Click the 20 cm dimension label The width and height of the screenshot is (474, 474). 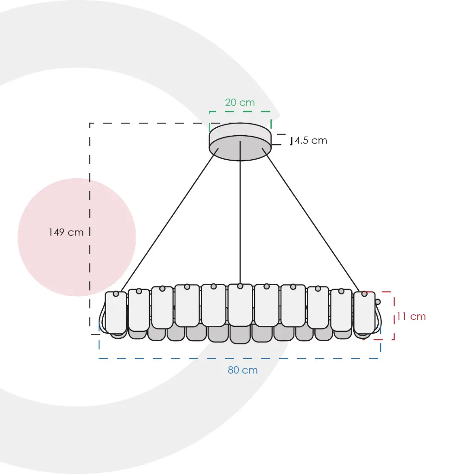240,102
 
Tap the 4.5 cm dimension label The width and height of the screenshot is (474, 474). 311,141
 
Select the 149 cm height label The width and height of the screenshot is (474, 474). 66,232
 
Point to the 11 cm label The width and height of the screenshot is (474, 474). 411,317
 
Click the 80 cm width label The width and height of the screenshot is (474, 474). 243,370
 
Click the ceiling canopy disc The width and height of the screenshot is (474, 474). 240,142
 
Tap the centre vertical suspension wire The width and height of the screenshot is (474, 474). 240,212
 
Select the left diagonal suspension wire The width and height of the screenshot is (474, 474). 169,220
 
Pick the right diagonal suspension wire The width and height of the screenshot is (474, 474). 311,220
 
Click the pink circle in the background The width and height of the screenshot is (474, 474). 77,237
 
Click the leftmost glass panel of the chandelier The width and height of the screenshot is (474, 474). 116,313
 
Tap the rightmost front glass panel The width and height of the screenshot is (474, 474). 365,313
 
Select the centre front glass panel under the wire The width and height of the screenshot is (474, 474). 240,305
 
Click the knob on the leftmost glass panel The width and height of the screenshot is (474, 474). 116,293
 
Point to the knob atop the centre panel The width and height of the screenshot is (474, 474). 240,286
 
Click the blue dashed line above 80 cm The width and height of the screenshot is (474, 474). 240,359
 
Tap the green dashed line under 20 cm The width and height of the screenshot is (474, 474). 240,112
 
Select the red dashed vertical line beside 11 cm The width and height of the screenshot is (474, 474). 394,316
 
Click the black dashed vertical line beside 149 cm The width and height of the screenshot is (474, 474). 90,229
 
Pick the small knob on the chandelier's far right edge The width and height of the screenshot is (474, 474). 378,302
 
